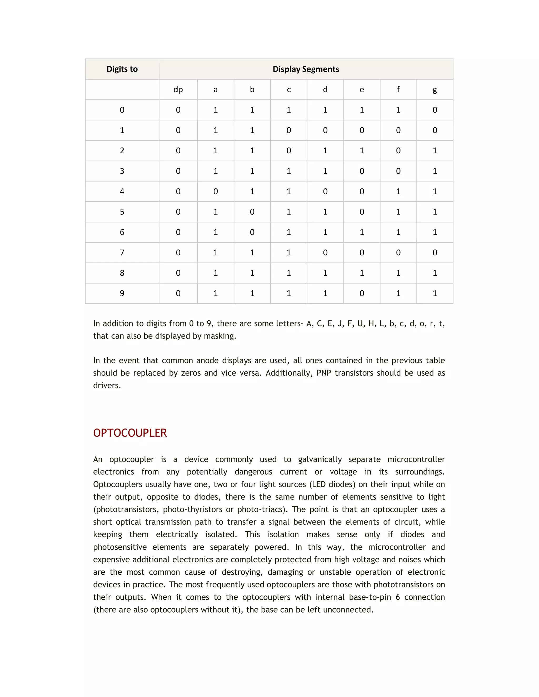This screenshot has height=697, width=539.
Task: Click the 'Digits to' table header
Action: point(122,69)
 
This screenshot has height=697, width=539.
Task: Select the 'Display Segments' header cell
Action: point(306,69)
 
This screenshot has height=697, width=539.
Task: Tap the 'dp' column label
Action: point(178,89)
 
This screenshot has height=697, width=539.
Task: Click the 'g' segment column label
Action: point(435,89)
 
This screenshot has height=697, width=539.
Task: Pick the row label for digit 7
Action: point(122,252)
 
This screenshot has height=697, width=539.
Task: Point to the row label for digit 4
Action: point(122,191)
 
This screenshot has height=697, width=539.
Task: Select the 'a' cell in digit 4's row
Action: point(216,191)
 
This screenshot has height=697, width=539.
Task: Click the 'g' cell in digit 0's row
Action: point(435,110)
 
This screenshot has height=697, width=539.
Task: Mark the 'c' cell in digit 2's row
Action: point(289,151)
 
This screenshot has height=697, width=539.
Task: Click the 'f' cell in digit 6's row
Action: point(398,232)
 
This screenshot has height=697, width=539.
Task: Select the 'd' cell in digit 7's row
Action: point(325,252)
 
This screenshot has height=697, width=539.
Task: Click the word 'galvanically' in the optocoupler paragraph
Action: point(320,459)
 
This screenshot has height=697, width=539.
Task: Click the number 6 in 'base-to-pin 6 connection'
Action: point(398,597)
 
